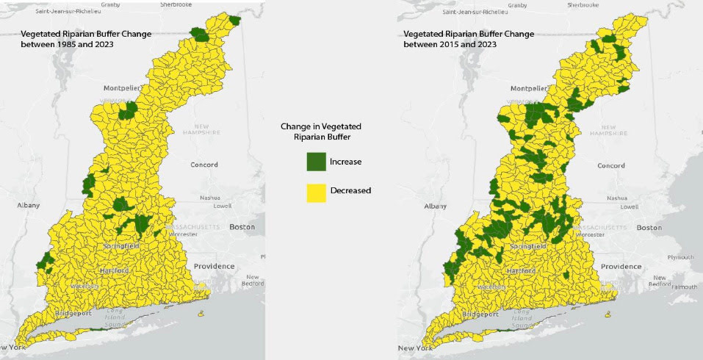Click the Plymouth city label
[682, 257]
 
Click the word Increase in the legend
[345, 162]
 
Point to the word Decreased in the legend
[350, 191]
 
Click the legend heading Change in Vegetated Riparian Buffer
[321, 131]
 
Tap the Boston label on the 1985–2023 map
[242, 227]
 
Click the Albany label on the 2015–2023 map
[435, 206]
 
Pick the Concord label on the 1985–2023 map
[203, 165]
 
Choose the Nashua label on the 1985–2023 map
[210, 198]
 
